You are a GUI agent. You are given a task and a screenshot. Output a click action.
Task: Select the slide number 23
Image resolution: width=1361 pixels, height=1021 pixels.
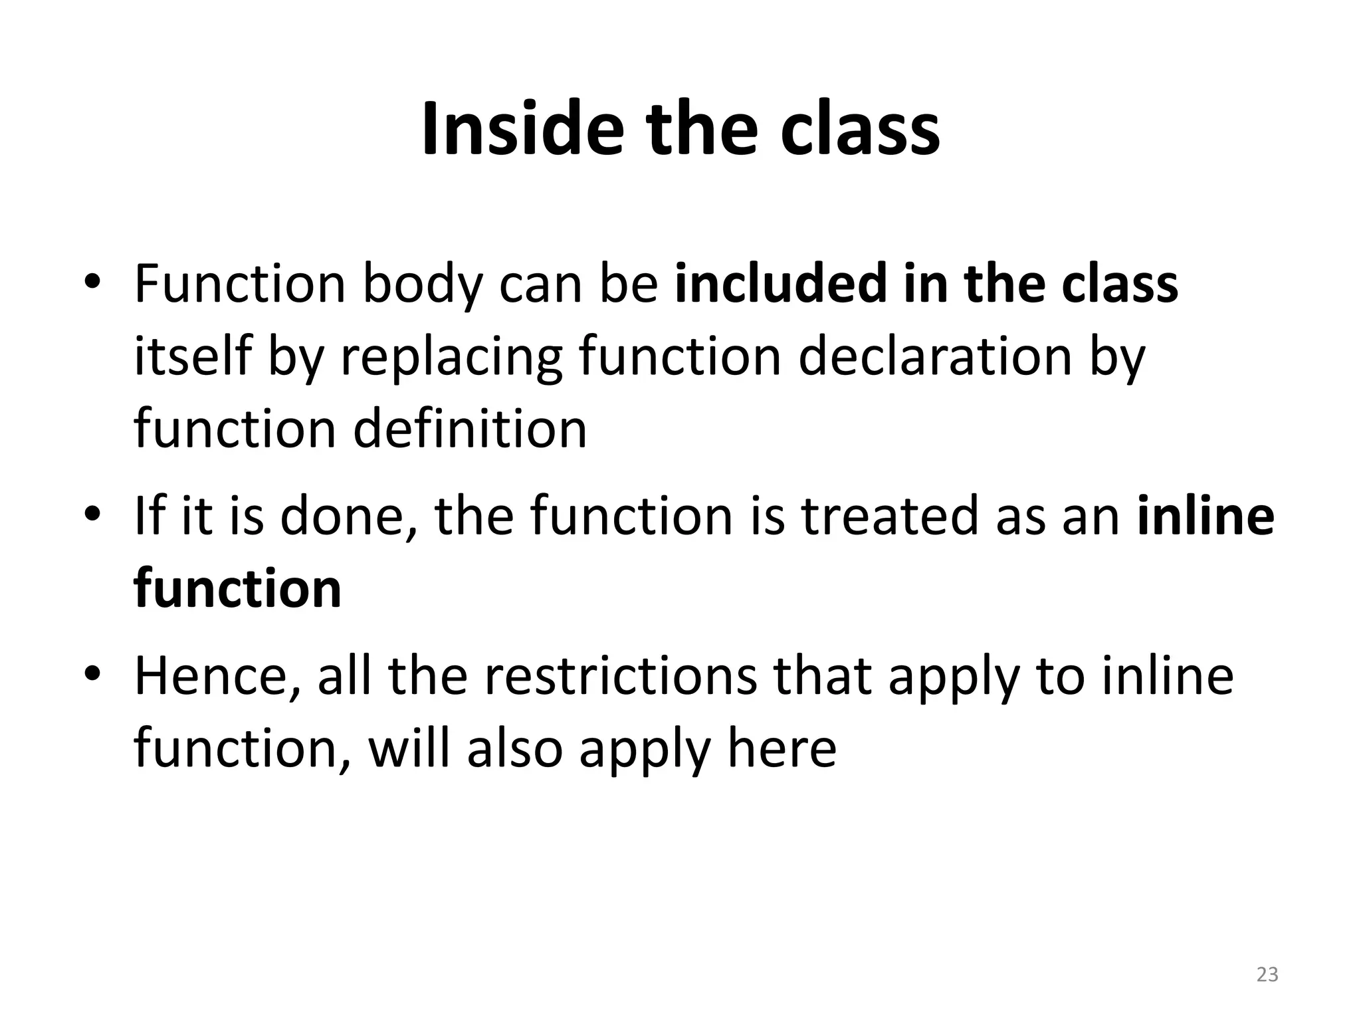1267,974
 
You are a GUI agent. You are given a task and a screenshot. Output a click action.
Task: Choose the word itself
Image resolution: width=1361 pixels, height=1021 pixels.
192,356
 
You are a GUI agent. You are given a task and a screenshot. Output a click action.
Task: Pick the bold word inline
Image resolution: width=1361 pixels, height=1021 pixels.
1205,516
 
